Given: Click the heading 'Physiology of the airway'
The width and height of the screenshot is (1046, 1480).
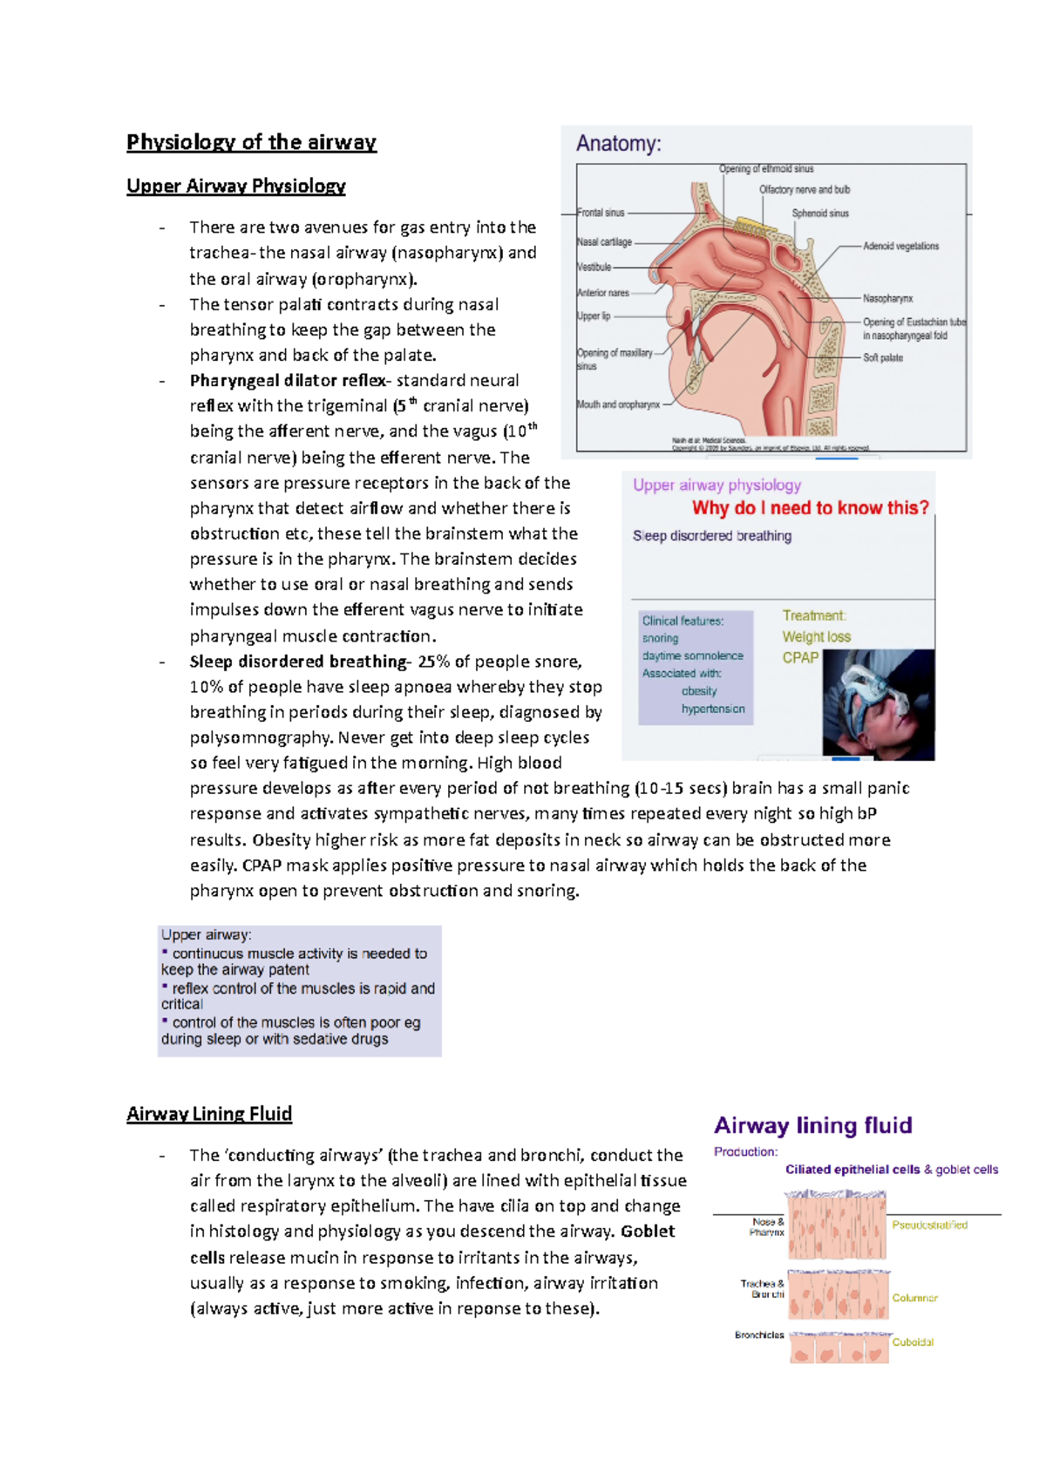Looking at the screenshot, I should (x=251, y=142).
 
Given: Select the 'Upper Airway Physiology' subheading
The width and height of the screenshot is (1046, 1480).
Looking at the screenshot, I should (x=235, y=186).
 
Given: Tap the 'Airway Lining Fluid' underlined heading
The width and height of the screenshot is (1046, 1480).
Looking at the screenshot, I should (x=209, y=1114).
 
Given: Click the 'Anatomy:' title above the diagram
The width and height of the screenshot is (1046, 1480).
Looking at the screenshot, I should (x=618, y=144).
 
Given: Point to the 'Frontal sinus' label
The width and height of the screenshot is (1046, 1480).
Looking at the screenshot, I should (x=601, y=213).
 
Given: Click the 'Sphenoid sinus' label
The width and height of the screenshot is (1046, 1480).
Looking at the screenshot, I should (x=819, y=214).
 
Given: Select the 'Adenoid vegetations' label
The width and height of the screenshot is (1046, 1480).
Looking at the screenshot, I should (x=900, y=247).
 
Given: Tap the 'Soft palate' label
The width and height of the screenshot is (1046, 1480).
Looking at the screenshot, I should (x=882, y=358).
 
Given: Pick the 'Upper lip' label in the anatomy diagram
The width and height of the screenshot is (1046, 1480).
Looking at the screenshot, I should (x=594, y=316).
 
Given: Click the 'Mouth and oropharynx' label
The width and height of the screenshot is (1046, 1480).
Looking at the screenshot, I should (x=618, y=404).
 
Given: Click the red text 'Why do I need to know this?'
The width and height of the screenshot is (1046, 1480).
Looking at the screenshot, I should (x=810, y=508).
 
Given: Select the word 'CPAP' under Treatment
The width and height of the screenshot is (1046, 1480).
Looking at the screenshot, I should (x=800, y=658).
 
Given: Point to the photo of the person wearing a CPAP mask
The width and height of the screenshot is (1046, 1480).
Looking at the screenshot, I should (x=878, y=705).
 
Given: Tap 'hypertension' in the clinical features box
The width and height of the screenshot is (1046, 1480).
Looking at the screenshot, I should (x=712, y=709).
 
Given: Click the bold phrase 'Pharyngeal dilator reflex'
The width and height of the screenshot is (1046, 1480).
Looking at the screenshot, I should (x=288, y=381).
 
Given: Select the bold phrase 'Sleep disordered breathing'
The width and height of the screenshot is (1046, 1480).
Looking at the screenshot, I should (x=297, y=662).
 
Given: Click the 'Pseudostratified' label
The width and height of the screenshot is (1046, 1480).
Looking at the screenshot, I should (x=929, y=1225).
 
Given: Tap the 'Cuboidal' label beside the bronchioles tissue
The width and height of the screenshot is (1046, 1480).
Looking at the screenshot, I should (x=913, y=1342).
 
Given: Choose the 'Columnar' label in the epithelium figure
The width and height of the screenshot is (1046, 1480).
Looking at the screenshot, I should (x=914, y=1298).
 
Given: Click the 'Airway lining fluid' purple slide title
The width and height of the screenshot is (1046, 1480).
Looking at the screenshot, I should (x=812, y=1125).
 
